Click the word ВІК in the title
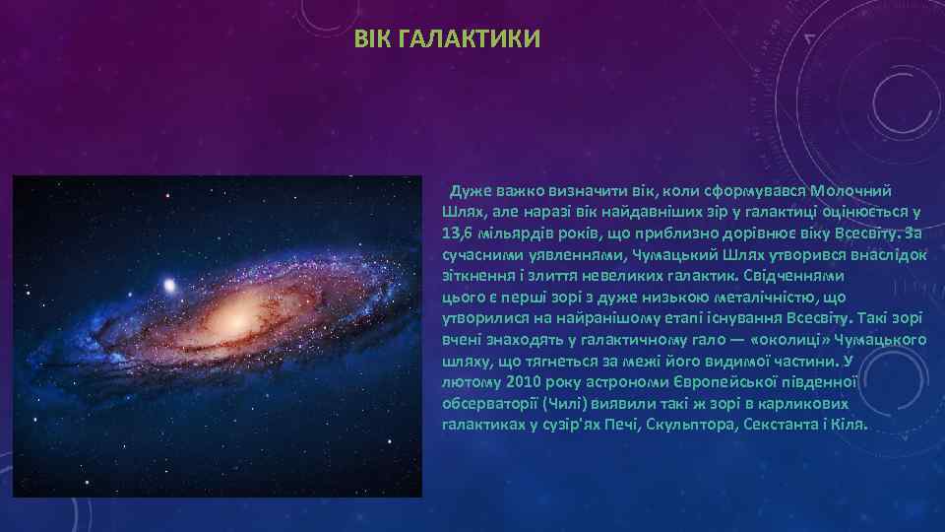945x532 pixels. click(x=373, y=39)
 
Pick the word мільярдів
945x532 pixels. click(x=514, y=233)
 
